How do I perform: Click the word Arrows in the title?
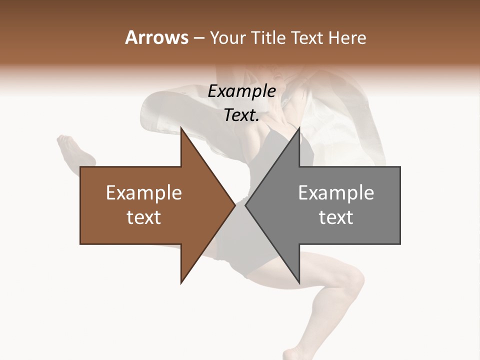(x=156, y=37)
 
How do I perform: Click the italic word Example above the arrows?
(x=241, y=91)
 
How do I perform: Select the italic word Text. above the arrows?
(x=241, y=115)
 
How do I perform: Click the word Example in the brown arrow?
(x=143, y=192)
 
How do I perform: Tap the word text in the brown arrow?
(x=143, y=217)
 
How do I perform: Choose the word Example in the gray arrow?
(x=336, y=192)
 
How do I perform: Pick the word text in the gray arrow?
(x=336, y=217)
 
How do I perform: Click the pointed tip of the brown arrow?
(x=235, y=205)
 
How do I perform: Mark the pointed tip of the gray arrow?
(x=245, y=205)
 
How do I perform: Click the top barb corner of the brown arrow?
(x=181, y=128)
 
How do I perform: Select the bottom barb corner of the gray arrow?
(x=299, y=283)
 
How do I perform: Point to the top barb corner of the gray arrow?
(x=299, y=128)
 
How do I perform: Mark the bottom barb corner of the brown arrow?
(x=181, y=283)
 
